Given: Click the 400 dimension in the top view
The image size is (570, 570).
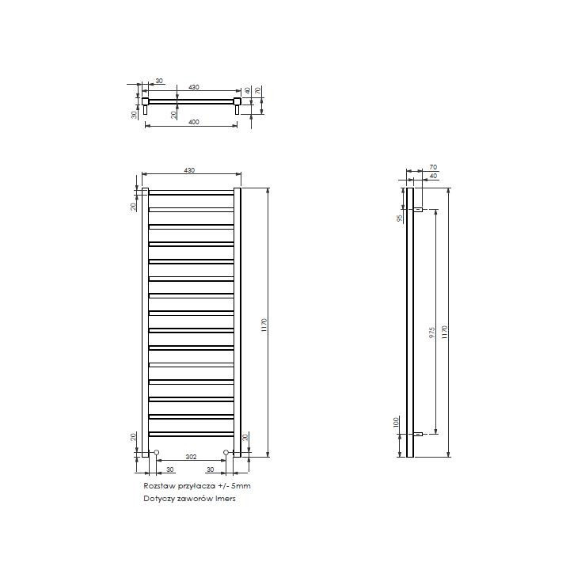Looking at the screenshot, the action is click(x=194, y=122).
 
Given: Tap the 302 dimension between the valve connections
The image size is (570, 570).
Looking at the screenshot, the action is click(x=192, y=457).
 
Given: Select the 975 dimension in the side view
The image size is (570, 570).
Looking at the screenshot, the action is click(x=432, y=332).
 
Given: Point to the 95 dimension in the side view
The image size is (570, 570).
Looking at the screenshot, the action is click(x=400, y=218).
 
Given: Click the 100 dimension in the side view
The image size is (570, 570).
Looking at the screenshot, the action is click(x=397, y=422).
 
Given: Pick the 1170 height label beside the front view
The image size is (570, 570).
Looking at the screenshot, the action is click(x=264, y=325).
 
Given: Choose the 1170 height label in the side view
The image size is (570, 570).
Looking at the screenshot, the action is click(x=444, y=332).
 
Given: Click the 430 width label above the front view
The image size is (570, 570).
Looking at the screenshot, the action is click(x=189, y=170).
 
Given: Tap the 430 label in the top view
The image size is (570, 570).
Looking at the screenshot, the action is click(x=194, y=87).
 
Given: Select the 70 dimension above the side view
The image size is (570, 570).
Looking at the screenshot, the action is click(x=433, y=167).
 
